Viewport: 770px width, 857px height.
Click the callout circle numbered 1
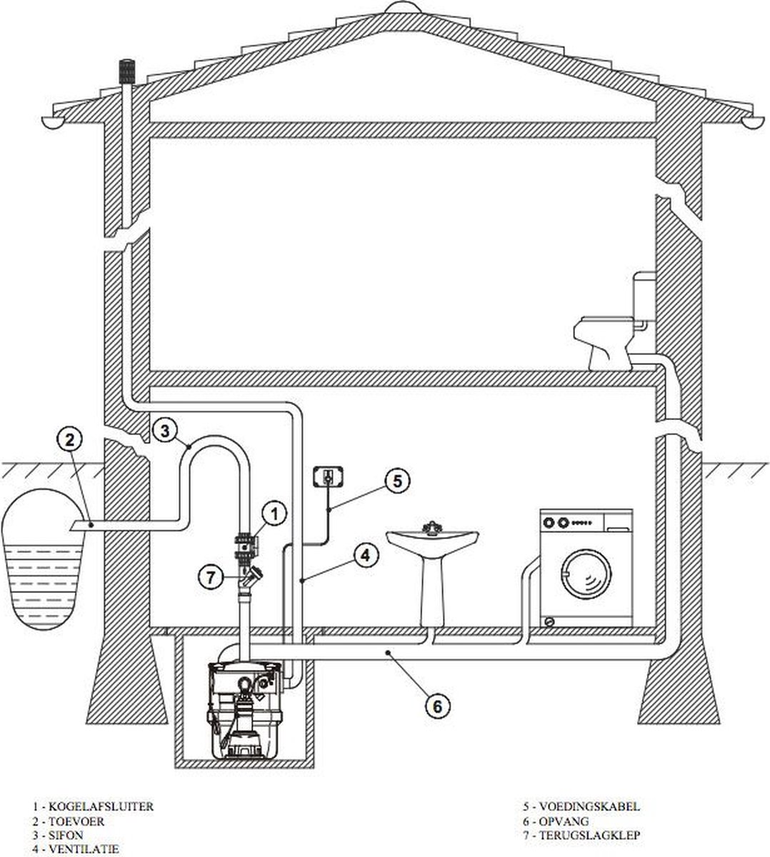(x=274, y=514)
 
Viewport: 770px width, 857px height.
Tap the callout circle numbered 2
(x=70, y=440)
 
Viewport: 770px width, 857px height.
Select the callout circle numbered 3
(x=165, y=431)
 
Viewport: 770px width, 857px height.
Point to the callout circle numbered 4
(x=366, y=556)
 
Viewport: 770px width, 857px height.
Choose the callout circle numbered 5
(x=397, y=481)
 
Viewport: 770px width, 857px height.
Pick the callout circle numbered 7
(x=211, y=576)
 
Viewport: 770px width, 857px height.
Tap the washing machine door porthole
(x=586, y=575)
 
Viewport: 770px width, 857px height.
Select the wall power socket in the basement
(x=327, y=477)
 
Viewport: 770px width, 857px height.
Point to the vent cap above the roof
(x=126, y=72)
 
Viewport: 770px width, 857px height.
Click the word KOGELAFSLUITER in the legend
(x=101, y=806)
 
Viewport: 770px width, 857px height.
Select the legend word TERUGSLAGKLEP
(x=589, y=836)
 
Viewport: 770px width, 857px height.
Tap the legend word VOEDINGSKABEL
(x=589, y=806)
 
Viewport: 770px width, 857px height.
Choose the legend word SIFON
(x=66, y=836)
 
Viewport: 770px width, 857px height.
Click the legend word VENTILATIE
(x=84, y=849)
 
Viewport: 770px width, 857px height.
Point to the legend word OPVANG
(x=564, y=821)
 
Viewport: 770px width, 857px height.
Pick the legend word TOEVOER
(x=76, y=821)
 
